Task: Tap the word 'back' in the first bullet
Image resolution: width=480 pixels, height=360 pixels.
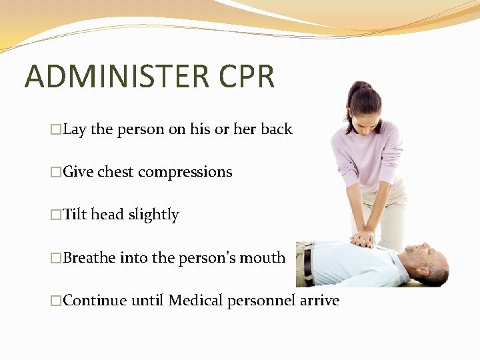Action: coord(276,129)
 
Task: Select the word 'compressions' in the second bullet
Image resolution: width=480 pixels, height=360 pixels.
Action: coord(185,172)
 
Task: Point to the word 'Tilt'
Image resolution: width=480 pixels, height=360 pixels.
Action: coord(75,215)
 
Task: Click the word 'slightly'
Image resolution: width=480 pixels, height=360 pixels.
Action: coord(153,215)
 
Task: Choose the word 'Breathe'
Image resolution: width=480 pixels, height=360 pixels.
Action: coord(89,257)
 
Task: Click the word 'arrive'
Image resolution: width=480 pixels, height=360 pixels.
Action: coord(319,301)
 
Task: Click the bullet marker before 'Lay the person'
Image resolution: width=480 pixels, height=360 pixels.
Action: coord(56,130)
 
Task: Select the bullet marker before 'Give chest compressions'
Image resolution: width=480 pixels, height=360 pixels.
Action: coord(56,173)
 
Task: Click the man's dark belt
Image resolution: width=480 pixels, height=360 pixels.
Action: coord(308,263)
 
